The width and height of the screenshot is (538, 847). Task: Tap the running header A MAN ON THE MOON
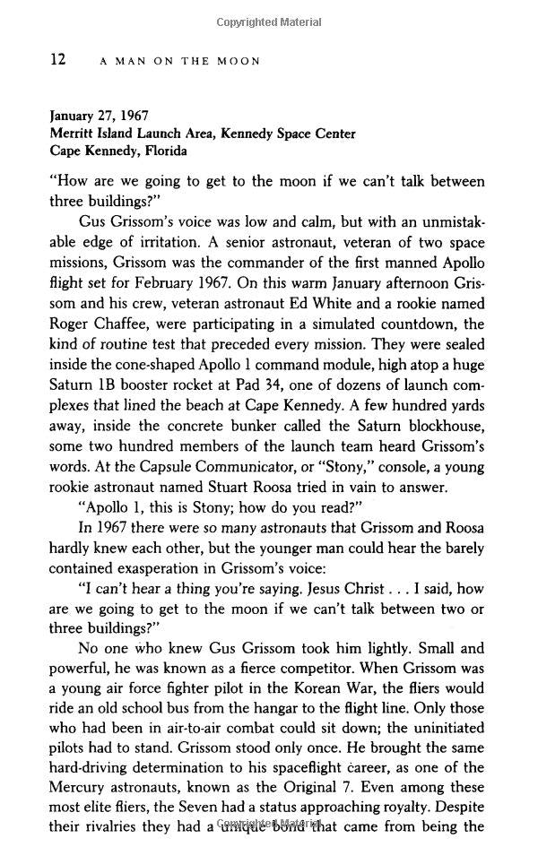click(179, 61)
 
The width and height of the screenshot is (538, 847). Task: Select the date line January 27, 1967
click(99, 116)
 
